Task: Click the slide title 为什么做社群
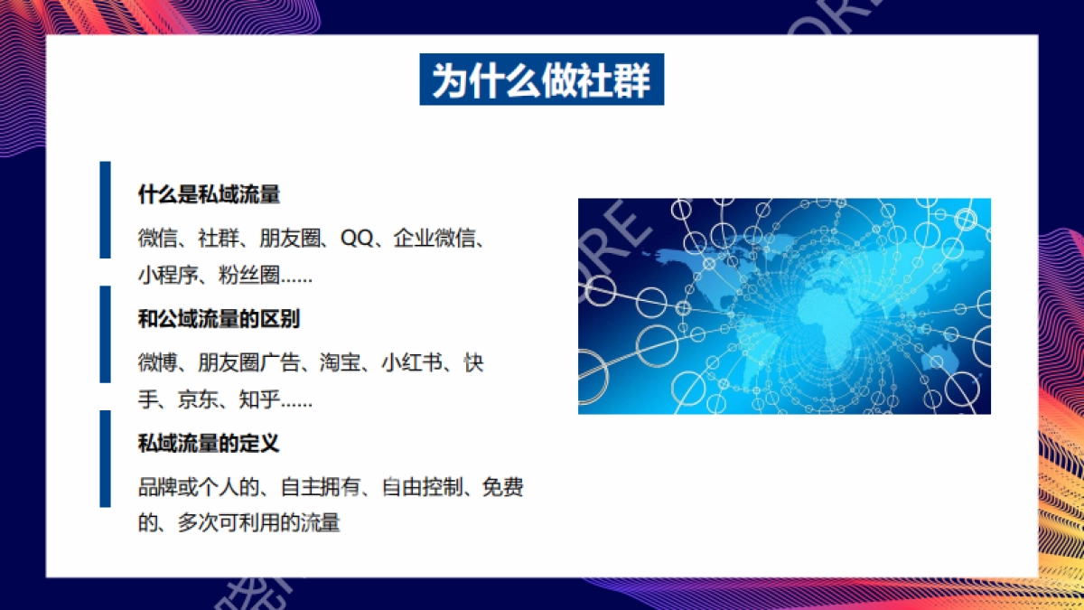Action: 541,80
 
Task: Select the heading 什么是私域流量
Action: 209,194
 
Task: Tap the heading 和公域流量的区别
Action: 219,319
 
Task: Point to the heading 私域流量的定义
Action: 209,444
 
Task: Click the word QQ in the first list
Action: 355,239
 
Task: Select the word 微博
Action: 157,363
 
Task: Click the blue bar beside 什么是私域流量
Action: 105,210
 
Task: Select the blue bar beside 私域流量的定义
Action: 105,458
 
